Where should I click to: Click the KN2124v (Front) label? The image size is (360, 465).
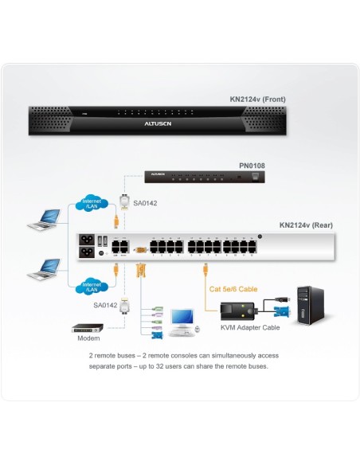tap(257, 100)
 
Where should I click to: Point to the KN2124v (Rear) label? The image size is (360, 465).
tap(306, 225)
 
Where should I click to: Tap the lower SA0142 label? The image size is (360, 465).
tap(104, 305)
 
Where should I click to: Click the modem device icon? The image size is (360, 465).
tap(88, 327)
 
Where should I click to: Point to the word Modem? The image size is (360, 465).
tap(88, 339)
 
